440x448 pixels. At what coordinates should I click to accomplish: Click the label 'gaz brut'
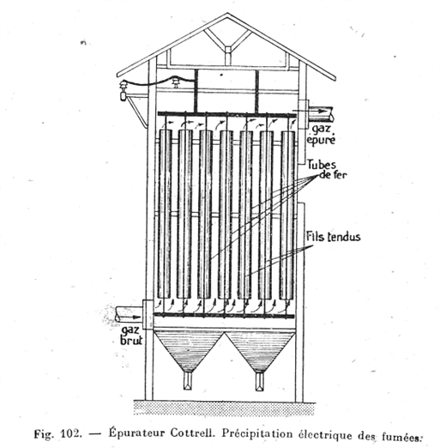click(x=131, y=336)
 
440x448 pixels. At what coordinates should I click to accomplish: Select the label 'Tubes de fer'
click(x=327, y=169)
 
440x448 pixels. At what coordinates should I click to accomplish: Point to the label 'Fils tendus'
click(x=334, y=237)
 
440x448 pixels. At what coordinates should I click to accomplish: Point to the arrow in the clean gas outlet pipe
click(x=318, y=111)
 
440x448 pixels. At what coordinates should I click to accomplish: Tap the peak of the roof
click(x=227, y=13)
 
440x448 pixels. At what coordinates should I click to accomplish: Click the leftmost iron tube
click(x=165, y=214)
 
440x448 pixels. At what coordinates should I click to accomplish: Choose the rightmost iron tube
click(x=287, y=215)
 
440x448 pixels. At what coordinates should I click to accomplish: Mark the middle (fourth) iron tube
click(x=226, y=215)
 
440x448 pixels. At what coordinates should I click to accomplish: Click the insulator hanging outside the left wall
click(x=124, y=91)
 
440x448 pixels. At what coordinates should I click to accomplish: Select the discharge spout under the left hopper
click(x=188, y=381)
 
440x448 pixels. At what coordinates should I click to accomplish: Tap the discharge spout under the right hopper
click(x=260, y=382)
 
